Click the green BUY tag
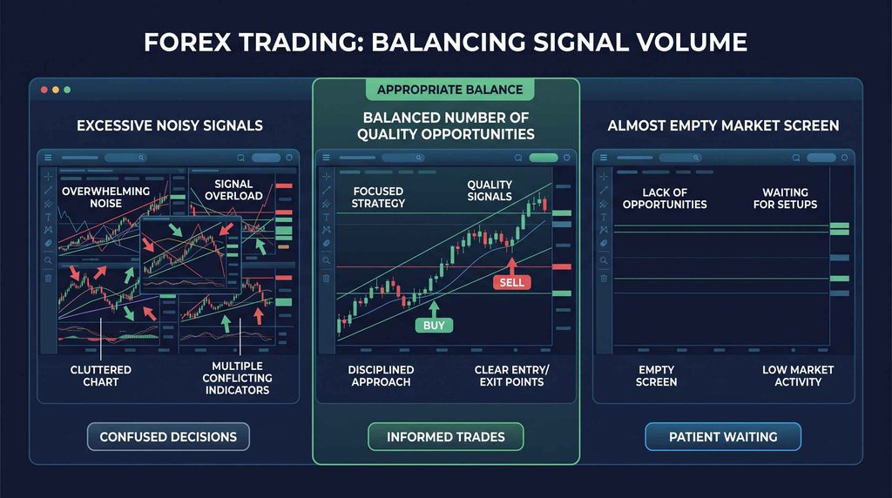(434, 325)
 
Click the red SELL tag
(511, 283)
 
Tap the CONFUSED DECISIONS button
(168, 436)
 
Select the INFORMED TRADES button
(446, 436)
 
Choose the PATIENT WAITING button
(723, 436)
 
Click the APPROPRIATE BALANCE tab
(450, 90)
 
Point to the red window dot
(44, 90)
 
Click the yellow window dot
(56, 90)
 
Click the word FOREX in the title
(187, 43)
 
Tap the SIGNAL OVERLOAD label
(233, 190)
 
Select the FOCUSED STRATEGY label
(378, 198)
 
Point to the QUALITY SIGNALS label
(490, 191)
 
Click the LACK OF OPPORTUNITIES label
(665, 199)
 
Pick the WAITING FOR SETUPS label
(785, 199)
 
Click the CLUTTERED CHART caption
(101, 376)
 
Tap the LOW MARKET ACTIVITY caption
(798, 376)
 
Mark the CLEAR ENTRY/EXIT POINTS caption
(511, 376)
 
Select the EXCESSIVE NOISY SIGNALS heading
(170, 125)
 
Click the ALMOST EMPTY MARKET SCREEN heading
(723, 125)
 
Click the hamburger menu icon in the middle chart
(326, 158)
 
